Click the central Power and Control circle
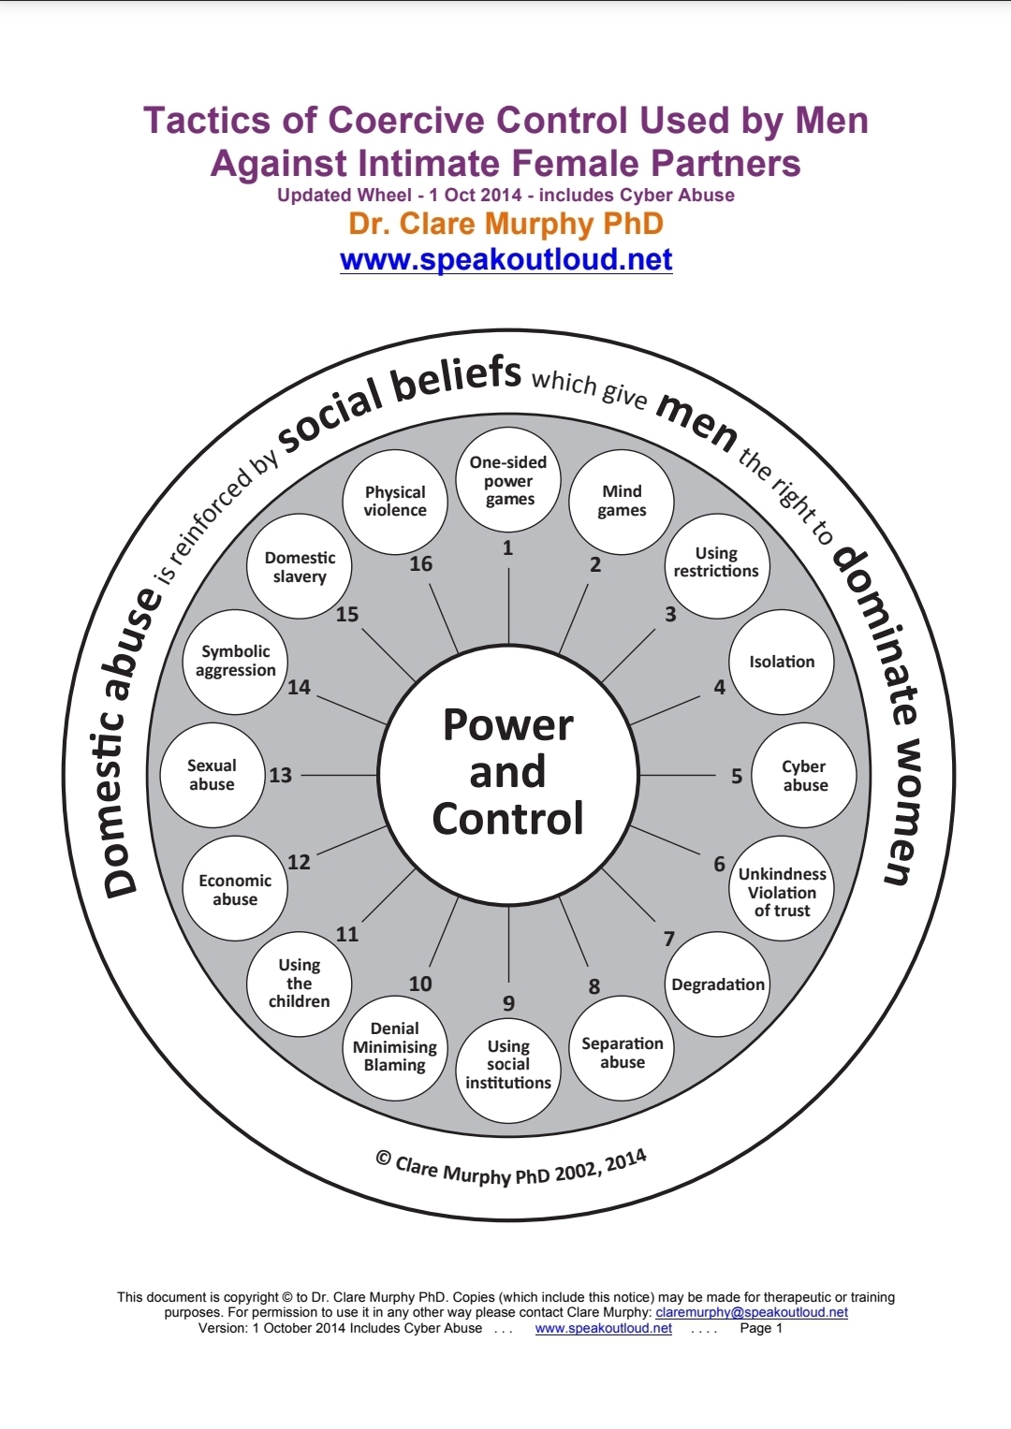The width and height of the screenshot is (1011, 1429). (x=508, y=773)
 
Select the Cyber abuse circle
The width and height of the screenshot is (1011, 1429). (x=804, y=775)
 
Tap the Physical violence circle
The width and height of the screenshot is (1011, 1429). (x=395, y=502)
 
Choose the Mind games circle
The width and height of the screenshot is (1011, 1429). (x=623, y=501)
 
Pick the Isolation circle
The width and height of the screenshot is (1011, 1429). (x=782, y=662)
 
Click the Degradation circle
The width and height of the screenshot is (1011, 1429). (x=718, y=984)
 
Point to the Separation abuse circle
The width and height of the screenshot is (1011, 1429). (x=623, y=1052)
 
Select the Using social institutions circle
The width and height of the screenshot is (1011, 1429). (x=508, y=1065)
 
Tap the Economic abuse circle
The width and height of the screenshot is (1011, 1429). (x=235, y=889)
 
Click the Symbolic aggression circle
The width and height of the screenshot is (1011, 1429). (x=235, y=661)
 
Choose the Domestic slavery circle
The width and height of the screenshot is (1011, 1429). (x=300, y=566)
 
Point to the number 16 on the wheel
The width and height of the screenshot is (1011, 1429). (x=421, y=563)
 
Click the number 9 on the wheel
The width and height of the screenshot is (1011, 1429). (x=508, y=1003)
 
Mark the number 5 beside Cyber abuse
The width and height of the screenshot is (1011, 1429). (x=737, y=776)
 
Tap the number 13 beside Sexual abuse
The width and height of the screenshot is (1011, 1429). (x=281, y=775)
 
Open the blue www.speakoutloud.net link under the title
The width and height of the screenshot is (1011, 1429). (x=506, y=259)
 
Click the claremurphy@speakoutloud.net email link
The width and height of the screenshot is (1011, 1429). (x=752, y=1312)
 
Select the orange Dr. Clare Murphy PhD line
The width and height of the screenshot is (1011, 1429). (x=506, y=224)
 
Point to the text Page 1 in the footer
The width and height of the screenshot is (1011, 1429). (x=761, y=1328)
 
